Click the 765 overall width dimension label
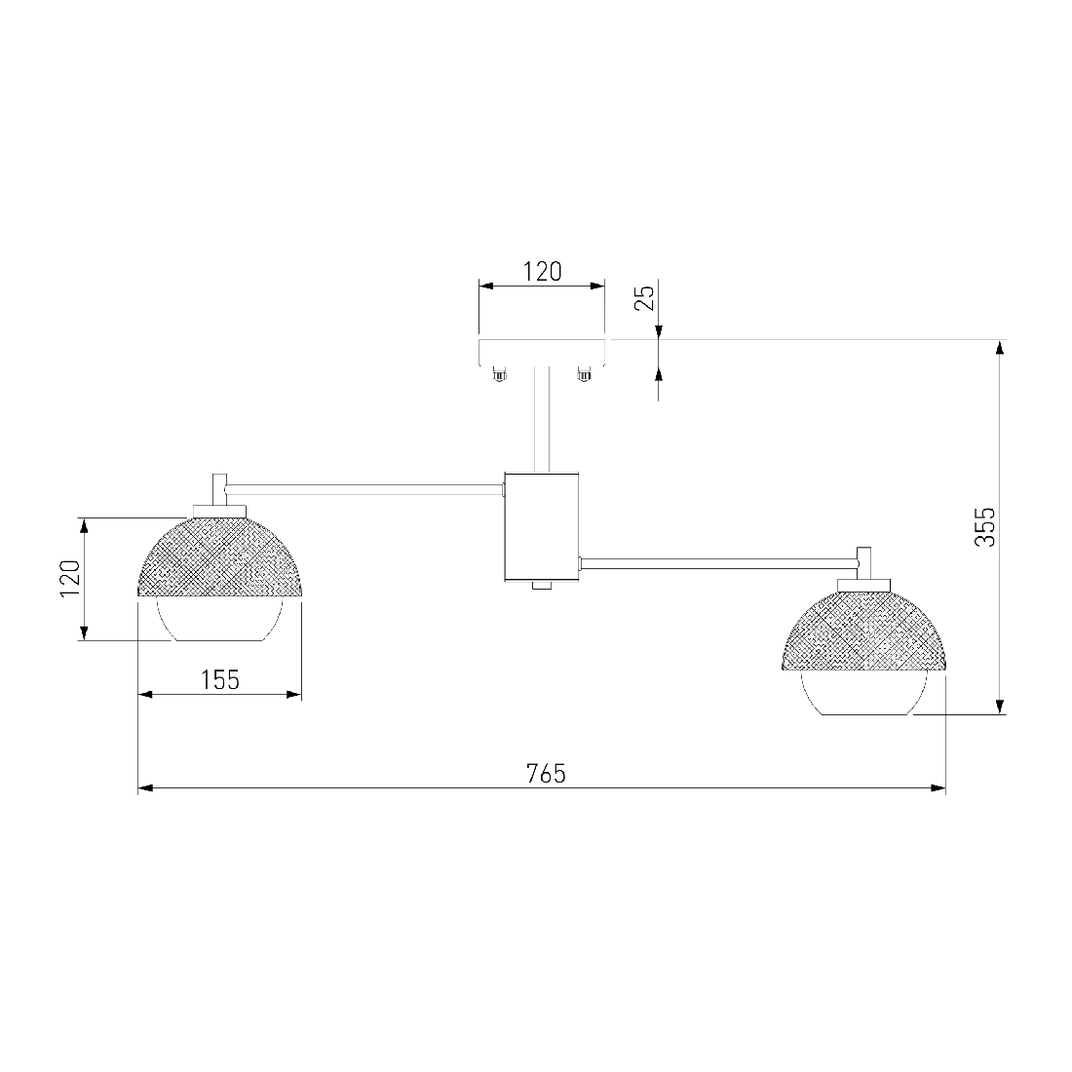(547, 773)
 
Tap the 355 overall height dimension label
(985, 526)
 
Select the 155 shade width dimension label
(220, 679)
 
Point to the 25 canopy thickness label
(645, 297)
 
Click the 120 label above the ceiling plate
(542, 272)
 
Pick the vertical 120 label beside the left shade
(70, 578)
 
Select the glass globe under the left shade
(219, 620)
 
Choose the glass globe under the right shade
(864, 693)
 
